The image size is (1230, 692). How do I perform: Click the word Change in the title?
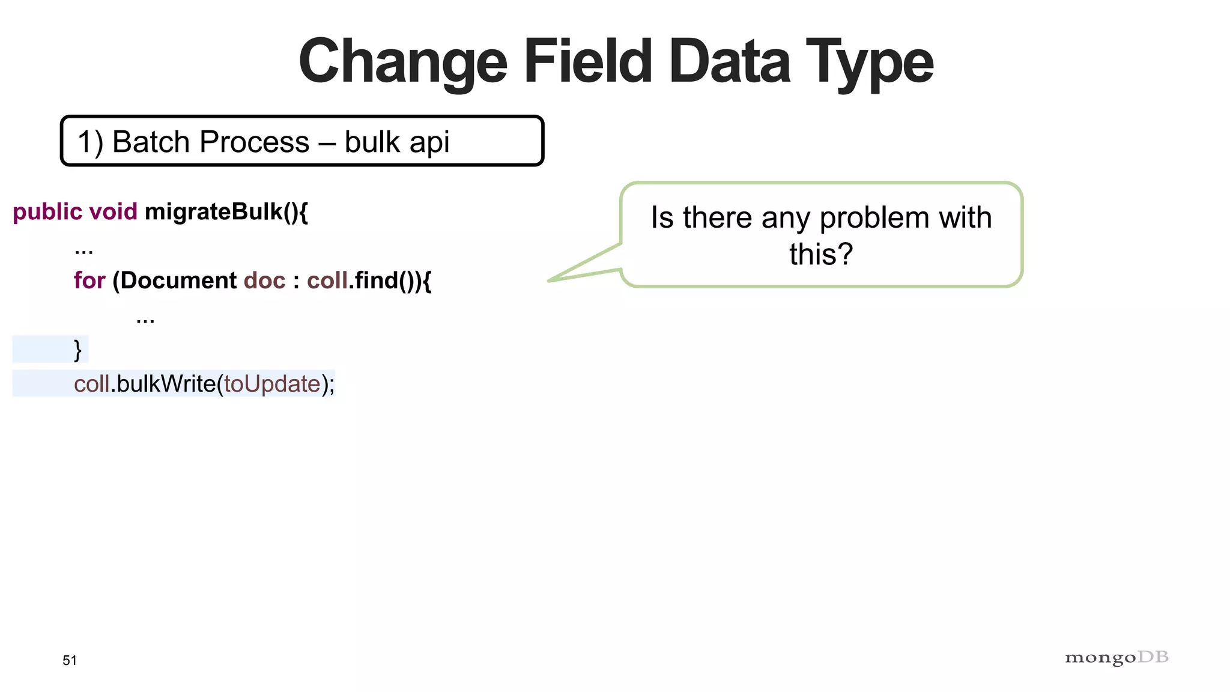tap(403, 62)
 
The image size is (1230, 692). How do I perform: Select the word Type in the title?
tap(869, 62)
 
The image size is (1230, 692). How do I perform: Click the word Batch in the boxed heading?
tap(151, 142)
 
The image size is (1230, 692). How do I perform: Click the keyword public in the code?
tap(47, 212)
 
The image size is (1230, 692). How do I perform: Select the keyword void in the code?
tap(113, 211)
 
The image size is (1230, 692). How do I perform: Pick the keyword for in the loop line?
tap(89, 281)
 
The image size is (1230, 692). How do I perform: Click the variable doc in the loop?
tap(264, 281)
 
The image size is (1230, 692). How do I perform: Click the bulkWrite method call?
tap(166, 384)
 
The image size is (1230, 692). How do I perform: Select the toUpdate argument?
tap(272, 384)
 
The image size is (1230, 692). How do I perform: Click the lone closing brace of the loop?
tap(77, 350)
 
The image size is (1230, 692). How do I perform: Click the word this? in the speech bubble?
tap(820, 254)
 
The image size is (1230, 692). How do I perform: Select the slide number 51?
tap(70, 661)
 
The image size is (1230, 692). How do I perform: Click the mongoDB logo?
tap(1116, 658)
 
